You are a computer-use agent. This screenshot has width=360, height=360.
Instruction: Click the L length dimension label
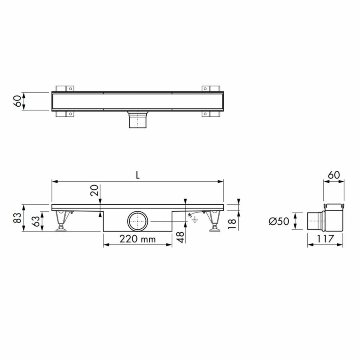coord(138,175)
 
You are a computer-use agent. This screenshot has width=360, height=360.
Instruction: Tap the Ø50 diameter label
coord(279,221)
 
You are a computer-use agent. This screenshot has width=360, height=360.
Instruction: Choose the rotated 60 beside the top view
coord(17,102)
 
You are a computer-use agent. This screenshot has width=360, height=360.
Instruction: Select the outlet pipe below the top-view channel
coord(138,120)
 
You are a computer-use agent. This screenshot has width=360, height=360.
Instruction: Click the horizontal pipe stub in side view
coord(315,222)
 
